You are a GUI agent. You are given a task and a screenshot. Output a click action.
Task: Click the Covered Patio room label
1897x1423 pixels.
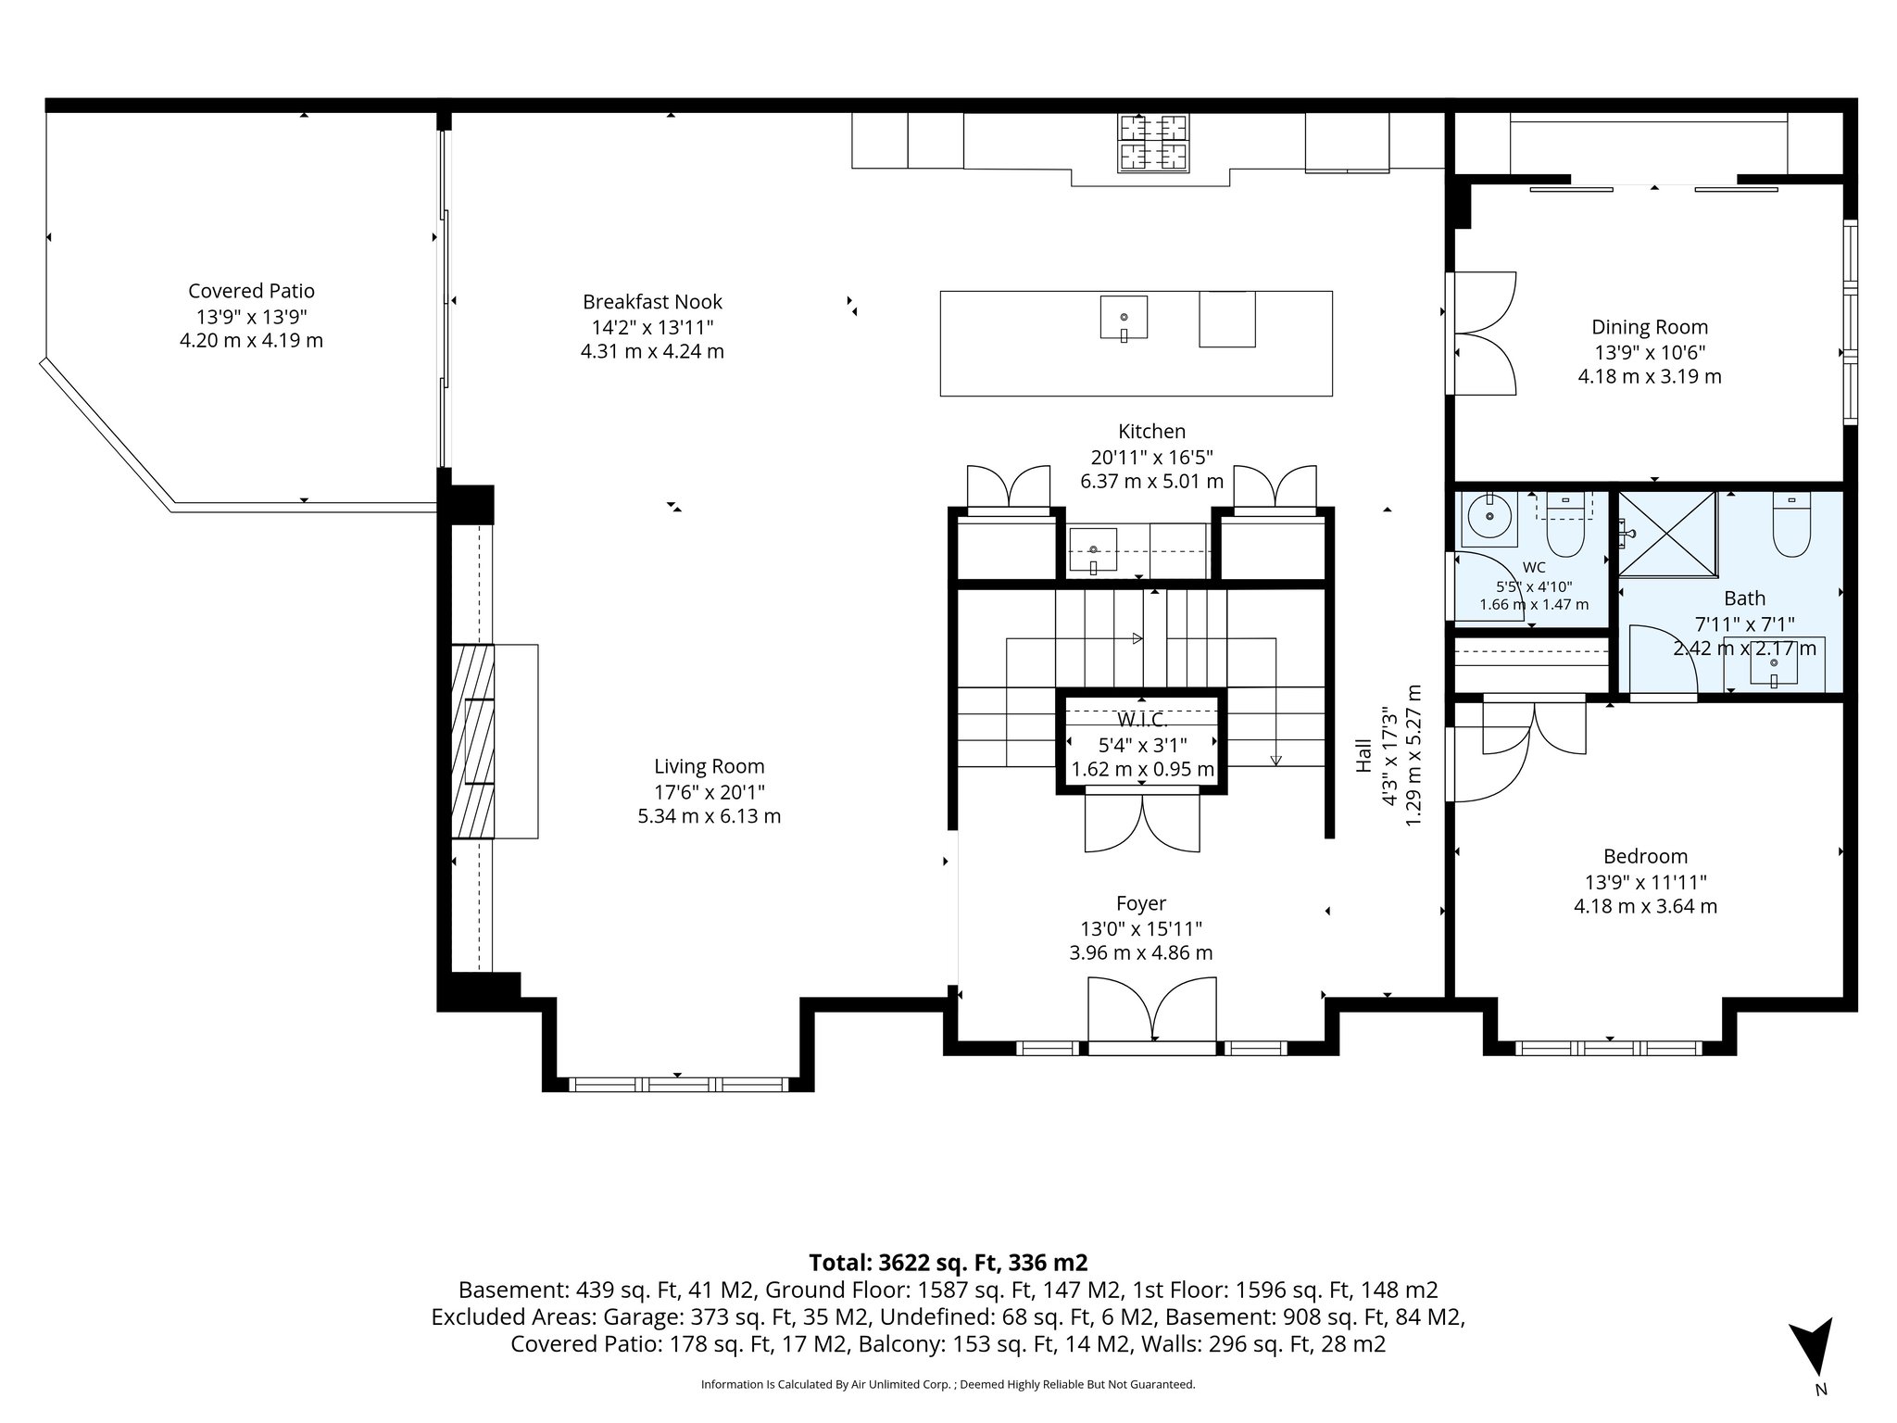click(251, 291)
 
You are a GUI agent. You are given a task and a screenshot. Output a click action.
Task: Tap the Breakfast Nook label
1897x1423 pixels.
click(652, 302)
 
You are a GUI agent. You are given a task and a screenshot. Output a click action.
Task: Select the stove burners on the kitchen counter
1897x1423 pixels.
click(1153, 143)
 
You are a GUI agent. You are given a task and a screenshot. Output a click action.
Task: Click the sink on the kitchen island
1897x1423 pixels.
click(1124, 318)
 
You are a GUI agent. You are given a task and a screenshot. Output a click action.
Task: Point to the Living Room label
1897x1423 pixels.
click(710, 767)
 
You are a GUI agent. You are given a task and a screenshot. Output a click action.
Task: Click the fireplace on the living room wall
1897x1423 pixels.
click(494, 741)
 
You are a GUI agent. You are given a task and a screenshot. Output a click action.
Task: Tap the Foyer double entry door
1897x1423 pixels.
click(1151, 1014)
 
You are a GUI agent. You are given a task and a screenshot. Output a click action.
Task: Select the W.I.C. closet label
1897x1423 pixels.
click(1142, 720)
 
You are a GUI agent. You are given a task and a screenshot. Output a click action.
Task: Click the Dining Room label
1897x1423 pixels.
click(1650, 327)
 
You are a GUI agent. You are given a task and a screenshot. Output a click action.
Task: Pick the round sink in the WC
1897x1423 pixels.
click(1489, 517)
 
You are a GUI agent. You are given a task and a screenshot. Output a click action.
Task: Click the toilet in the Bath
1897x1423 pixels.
click(1790, 524)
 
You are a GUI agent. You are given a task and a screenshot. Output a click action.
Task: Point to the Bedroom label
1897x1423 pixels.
click(1645, 857)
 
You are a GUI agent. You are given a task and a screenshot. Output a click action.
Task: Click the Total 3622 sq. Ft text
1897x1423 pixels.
click(948, 1263)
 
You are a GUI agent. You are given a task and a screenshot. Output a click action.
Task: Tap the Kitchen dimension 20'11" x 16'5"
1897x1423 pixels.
click(1152, 457)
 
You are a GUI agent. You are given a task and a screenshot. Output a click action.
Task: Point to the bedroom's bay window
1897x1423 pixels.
click(1609, 1049)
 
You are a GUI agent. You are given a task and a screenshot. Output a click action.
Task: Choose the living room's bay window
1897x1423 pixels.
click(678, 1084)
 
